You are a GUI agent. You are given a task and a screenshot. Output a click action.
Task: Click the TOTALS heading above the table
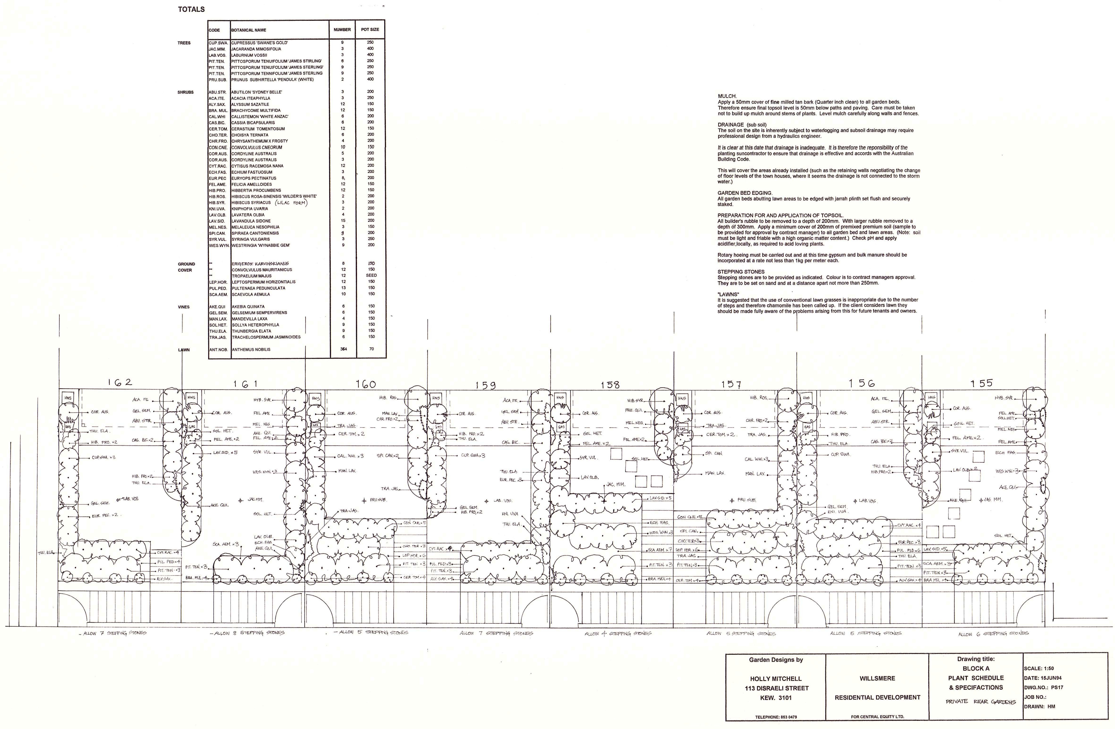point(191,9)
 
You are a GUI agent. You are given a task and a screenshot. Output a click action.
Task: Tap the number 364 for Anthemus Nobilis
point(343,349)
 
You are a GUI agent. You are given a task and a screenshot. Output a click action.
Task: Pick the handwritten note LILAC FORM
point(291,203)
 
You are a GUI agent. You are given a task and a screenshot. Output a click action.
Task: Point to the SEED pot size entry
point(371,276)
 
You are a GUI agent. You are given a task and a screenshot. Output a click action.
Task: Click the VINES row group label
point(184,307)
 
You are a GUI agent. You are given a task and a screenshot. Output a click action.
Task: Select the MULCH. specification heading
point(727,96)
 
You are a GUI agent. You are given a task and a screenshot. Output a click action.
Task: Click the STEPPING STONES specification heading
point(741,272)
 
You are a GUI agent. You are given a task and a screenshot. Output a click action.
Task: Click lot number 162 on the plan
point(120,382)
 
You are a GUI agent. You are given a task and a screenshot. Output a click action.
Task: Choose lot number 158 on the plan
point(610,385)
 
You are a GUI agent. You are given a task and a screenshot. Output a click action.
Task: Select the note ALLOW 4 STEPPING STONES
point(617,633)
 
